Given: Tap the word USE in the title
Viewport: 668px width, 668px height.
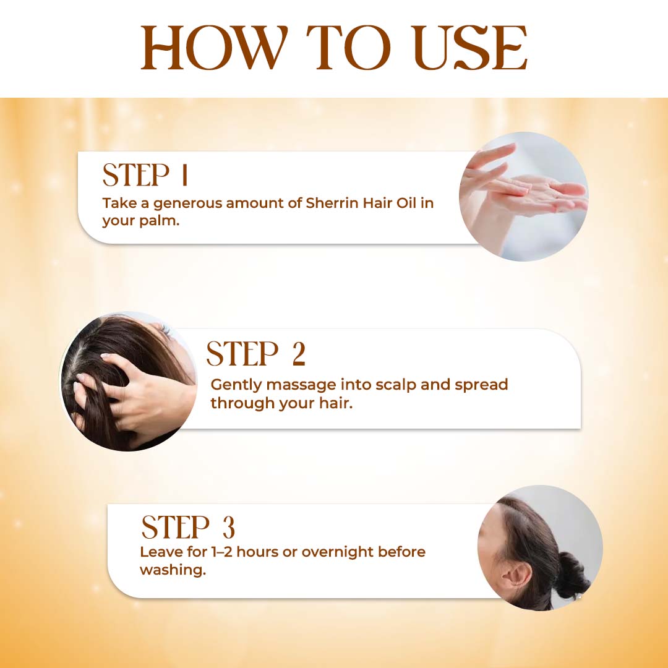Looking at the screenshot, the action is click(470, 47).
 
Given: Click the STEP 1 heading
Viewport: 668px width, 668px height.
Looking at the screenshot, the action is click(145, 174).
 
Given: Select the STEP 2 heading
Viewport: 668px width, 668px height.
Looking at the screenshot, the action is click(256, 354).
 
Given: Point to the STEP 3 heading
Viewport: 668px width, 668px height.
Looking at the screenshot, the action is click(188, 527).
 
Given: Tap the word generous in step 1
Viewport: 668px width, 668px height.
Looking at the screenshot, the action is click(187, 204).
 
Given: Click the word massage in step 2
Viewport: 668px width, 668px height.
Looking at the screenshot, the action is click(301, 385).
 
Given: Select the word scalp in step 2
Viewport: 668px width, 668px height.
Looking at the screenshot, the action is click(395, 385).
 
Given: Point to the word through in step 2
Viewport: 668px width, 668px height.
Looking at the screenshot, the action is click(242, 403).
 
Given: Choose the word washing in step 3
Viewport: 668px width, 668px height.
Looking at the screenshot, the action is click(173, 570).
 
